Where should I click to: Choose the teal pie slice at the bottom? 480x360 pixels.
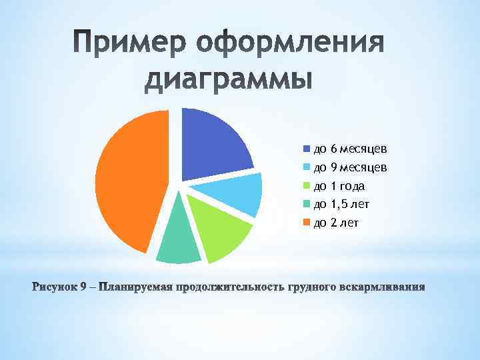pyautogui.click(x=178, y=240)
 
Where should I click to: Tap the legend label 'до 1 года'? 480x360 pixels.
pyautogui.click(x=339, y=185)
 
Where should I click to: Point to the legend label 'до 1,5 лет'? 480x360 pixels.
pyautogui.click(x=341, y=204)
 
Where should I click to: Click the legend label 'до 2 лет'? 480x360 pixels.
pyautogui.click(x=336, y=223)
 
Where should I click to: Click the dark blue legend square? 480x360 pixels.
pyautogui.click(x=307, y=148)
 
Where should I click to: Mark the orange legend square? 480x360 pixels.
pyautogui.click(x=307, y=223)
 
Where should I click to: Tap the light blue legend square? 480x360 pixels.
pyautogui.click(x=307, y=167)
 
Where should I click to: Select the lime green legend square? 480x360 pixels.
pyautogui.click(x=307, y=185)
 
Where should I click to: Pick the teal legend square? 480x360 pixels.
pyautogui.click(x=307, y=204)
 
